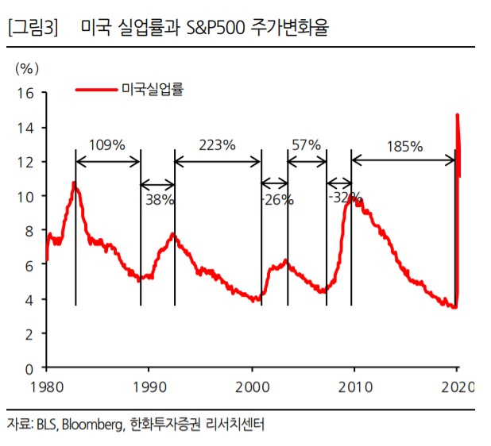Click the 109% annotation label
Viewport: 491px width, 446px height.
[x=107, y=144]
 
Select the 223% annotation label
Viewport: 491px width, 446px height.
[x=217, y=144]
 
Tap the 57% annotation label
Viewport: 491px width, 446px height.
[x=306, y=144]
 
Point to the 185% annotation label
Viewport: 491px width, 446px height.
[x=404, y=146]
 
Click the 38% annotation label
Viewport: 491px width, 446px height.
[x=160, y=199]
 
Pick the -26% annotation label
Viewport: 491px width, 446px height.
[x=277, y=199]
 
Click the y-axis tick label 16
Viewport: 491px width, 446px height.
[x=25, y=93]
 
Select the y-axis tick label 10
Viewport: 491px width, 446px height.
[x=25, y=197]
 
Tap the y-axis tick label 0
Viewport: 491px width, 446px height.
[x=29, y=369]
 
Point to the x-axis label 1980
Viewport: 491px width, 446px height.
[x=47, y=387]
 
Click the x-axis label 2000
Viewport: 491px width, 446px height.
[x=253, y=387]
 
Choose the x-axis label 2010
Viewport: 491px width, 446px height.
[x=355, y=387]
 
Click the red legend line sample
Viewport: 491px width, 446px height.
[x=96, y=90]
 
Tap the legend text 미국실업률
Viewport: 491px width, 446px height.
[x=153, y=89]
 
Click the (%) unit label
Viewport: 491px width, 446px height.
[x=27, y=68]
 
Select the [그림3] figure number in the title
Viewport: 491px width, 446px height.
[x=33, y=28]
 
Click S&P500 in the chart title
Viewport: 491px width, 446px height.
[x=215, y=28]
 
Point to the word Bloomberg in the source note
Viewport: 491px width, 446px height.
[x=93, y=425]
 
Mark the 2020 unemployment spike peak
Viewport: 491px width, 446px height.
[x=457, y=115]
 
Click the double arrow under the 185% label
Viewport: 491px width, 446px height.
[x=403, y=161]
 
